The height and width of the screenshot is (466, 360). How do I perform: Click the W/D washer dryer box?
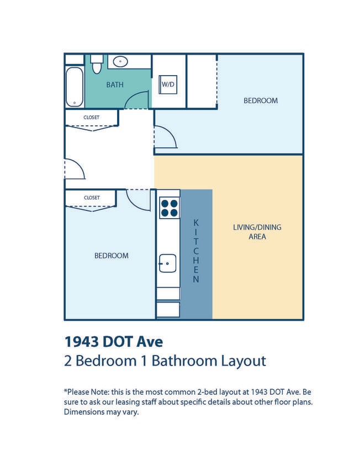(168, 84)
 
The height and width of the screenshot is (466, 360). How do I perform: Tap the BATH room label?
(115, 84)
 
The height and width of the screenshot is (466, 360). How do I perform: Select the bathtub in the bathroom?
(75, 87)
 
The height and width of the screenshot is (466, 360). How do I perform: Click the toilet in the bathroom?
(97, 64)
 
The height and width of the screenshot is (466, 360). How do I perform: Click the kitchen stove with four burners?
(169, 208)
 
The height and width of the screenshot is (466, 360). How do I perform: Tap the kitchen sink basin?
(167, 263)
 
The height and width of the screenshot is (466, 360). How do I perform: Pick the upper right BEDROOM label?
(261, 100)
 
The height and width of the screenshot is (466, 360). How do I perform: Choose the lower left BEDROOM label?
(111, 256)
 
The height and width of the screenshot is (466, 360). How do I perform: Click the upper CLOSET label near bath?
(91, 117)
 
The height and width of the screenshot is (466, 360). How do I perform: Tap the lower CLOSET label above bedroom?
(91, 197)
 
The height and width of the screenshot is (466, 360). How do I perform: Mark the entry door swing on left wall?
(75, 170)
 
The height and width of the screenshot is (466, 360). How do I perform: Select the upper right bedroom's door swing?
(165, 137)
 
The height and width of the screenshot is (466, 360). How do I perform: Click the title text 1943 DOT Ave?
(114, 341)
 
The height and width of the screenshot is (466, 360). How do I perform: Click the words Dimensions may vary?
(101, 412)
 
